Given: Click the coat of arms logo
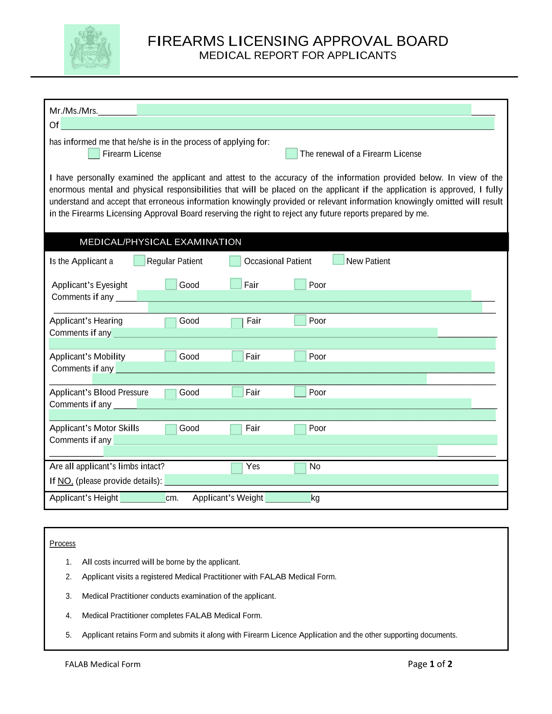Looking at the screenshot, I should point(92,49).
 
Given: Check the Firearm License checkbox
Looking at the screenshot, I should point(94,153).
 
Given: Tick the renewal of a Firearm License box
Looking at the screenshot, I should point(291,153).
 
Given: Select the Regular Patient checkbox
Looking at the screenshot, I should point(139,260).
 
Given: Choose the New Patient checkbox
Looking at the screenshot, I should point(339,259).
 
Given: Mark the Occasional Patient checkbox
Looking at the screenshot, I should point(235,261).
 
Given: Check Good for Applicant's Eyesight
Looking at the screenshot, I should point(171,284).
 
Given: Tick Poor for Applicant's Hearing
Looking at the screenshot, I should point(300,320).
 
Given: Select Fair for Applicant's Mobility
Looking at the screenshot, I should point(238,356).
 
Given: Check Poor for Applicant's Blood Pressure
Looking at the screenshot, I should point(300,391).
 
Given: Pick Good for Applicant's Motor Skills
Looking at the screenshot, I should point(171,429).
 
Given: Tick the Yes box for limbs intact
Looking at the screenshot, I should point(237,468).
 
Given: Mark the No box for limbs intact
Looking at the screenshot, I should point(300,468).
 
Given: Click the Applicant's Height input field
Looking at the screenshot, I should point(143,498).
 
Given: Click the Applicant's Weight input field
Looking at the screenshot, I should point(288,498).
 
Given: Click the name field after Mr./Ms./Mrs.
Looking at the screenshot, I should point(304,110).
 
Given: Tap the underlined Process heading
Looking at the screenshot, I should point(62,543).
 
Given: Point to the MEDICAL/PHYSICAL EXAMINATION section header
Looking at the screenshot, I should point(161,242).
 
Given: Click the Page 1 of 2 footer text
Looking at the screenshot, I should point(430,664).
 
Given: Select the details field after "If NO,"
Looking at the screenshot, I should point(332,480).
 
